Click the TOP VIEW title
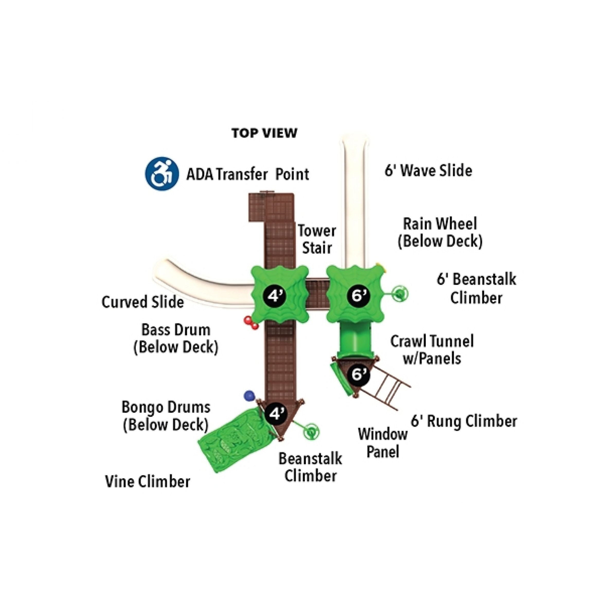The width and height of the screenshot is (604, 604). [x=264, y=133]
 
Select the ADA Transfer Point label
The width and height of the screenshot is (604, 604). [x=248, y=174]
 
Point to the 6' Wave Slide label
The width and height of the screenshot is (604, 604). [x=428, y=171]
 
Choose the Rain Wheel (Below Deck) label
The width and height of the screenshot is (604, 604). [x=440, y=233]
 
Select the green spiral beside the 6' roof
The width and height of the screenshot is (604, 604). [x=401, y=294]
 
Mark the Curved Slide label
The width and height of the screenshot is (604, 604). [x=143, y=302]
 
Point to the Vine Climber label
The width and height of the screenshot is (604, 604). [x=148, y=482]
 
